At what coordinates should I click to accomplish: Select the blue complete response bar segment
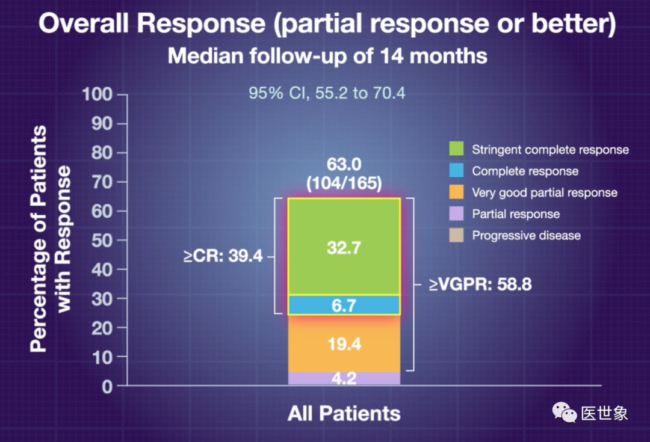click(x=344, y=305)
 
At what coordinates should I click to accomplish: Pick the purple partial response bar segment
click(x=344, y=379)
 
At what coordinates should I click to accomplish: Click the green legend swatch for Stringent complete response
click(x=456, y=149)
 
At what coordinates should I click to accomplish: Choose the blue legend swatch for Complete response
click(x=456, y=171)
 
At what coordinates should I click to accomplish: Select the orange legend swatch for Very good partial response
click(x=456, y=192)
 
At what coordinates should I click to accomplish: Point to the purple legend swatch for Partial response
click(x=456, y=214)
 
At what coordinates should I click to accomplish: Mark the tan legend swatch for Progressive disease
click(x=456, y=236)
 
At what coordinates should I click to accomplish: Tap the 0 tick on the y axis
click(x=105, y=386)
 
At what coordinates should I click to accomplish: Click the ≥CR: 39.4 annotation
click(x=223, y=257)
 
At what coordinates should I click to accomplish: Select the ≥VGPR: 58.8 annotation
click(x=480, y=284)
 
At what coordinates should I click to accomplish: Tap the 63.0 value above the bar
click(x=344, y=164)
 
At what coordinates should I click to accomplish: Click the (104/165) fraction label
click(x=344, y=183)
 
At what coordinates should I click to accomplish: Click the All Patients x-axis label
click(x=344, y=414)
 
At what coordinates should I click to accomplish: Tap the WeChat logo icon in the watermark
click(x=565, y=412)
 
